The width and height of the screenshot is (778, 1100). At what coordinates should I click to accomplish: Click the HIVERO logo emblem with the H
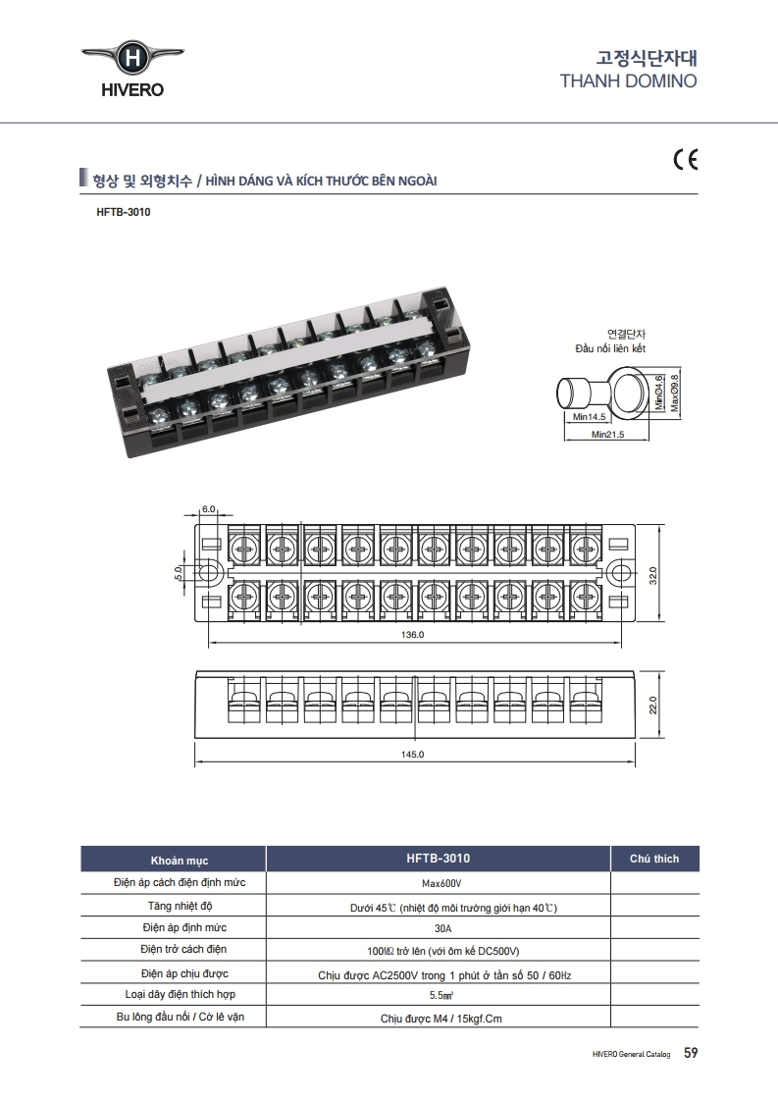pos(131,58)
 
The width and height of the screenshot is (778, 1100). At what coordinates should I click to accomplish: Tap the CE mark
pos(686,160)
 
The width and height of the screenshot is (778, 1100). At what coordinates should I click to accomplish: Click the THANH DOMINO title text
pos(628,80)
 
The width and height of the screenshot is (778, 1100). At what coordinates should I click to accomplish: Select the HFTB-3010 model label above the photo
pos(124,212)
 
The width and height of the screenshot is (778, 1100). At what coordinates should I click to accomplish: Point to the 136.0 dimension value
pos(412,634)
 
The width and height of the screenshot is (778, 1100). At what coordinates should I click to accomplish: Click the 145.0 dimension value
pos(412,755)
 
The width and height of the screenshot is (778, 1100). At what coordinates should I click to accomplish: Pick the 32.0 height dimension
pos(653,575)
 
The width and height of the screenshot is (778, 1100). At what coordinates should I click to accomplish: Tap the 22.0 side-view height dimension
pos(653,705)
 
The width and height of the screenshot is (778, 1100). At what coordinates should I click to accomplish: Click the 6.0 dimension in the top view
pos(208,509)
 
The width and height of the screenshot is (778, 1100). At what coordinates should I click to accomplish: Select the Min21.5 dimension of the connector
pos(607,435)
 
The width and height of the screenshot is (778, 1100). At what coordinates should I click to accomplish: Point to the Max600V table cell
pos(441,884)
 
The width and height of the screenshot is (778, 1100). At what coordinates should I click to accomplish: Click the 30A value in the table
pos(442,928)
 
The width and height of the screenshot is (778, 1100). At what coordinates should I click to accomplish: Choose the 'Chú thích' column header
pos(654,859)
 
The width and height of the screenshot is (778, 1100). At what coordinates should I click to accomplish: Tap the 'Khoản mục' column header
pos(180,860)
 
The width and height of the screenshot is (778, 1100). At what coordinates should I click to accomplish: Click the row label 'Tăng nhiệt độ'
pos(180,906)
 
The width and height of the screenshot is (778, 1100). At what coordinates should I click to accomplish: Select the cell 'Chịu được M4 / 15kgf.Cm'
pos(441,1019)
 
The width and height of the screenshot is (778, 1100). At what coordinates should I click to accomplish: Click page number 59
pos(691,1052)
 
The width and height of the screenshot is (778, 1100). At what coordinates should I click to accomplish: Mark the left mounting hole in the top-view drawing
pos(208,573)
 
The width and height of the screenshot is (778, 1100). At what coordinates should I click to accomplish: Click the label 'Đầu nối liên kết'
pos(610,348)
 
